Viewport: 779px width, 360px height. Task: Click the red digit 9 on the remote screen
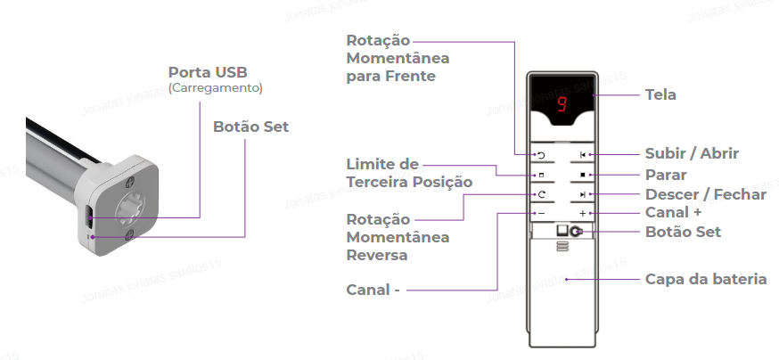click(x=562, y=103)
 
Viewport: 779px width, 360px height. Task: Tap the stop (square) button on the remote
click(x=582, y=175)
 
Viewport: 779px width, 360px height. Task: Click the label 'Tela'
click(x=660, y=94)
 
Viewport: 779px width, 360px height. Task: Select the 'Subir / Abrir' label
click(x=692, y=153)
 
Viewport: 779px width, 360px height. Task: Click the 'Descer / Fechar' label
click(x=705, y=194)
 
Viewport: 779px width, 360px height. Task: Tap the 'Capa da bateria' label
click(x=706, y=279)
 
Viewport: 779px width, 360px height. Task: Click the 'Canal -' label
click(x=373, y=290)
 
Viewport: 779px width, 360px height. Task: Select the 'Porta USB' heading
click(x=208, y=71)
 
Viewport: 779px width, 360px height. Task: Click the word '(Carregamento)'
click(x=215, y=88)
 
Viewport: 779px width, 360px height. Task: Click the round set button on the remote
click(x=576, y=232)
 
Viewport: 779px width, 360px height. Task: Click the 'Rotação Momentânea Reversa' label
click(x=397, y=237)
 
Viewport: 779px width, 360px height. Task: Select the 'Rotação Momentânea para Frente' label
click(x=397, y=59)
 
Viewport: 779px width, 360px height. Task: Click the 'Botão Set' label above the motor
click(x=250, y=127)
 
